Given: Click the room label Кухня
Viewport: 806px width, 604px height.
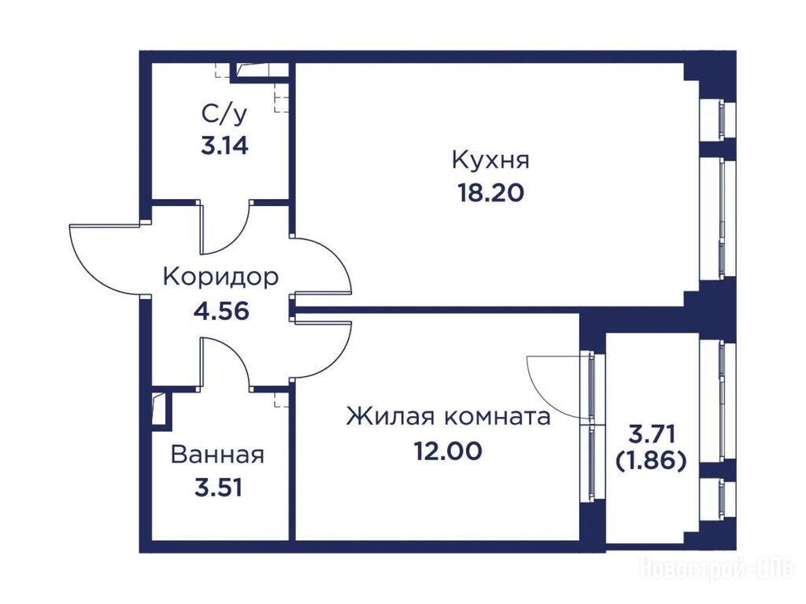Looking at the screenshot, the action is pyautogui.click(x=490, y=160).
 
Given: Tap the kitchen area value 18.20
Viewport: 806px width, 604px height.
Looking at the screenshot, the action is pyautogui.click(x=490, y=193).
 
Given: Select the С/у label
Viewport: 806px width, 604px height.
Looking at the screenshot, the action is pyautogui.click(x=224, y=115).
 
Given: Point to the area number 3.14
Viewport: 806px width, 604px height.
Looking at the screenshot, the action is pyautogui.click(x=224, y=145).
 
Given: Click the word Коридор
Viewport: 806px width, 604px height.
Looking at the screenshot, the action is pyautogui.click(x=221, y=278).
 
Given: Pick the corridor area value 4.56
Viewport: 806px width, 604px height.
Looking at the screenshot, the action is pyautogui.click(x=221, y=311).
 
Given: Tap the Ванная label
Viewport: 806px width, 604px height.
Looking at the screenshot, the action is pyautogui.click(x=217, y=455).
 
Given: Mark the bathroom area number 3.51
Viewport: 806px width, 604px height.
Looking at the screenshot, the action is pyautogui.click(x=219, y=488).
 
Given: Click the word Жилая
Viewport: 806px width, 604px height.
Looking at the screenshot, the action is pyautogui.click(x=391, y=417).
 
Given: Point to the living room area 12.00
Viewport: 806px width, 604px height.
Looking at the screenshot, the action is pyautogui.click(x=448, y=451).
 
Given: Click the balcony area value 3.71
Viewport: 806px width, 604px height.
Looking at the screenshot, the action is pyautogui.click(x=651, y=434).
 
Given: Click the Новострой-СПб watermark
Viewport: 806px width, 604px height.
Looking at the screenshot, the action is pyautogui.click(x=716, y=569).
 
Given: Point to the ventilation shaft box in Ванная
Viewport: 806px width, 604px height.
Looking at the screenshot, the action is pyautogui.click(x=161, y=409).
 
